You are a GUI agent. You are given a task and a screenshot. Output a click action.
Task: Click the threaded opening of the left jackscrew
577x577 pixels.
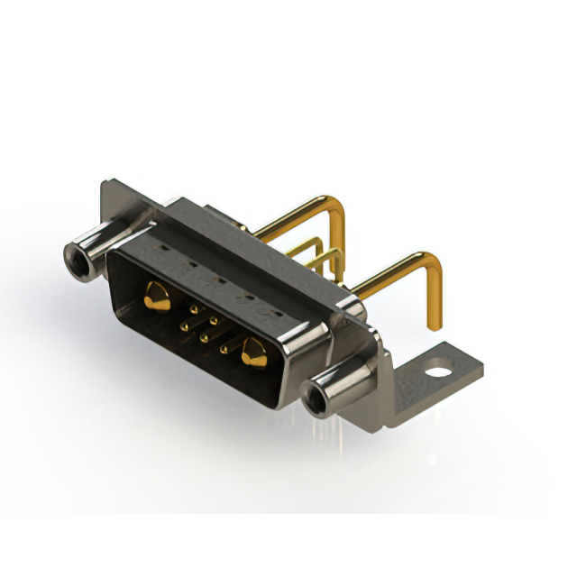(x=76, y=260)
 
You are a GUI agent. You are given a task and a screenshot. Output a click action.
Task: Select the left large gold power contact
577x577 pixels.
(x=157, y=296)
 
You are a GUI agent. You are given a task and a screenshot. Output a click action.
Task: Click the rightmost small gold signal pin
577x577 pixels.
(x=224, y=346)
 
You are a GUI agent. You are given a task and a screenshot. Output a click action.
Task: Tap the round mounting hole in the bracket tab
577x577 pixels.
(x=437, y=370)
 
